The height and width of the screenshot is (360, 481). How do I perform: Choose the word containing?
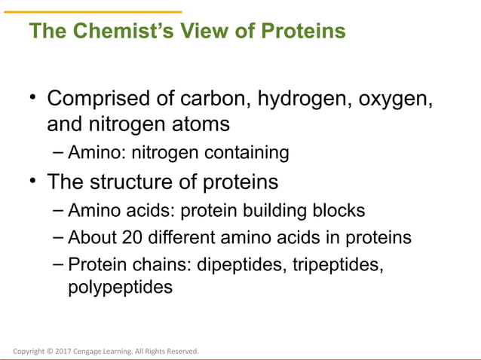click(x=249, y=154)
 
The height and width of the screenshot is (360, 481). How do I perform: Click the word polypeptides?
click(x=120, y=287)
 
